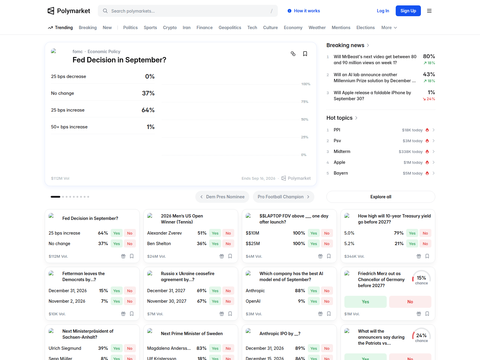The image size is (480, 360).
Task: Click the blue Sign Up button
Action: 408,11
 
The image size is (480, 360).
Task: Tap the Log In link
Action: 383,11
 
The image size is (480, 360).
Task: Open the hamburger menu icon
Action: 429,11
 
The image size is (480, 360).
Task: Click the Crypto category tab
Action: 170,28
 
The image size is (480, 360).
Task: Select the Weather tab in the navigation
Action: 317,28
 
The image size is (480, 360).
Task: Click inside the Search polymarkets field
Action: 187,11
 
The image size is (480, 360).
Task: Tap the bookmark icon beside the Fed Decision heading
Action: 305,54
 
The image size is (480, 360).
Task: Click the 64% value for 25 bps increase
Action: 148,110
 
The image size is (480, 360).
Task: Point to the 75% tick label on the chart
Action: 304,102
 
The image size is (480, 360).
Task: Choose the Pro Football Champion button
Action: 283,197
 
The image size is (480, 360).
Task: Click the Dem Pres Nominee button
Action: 222,197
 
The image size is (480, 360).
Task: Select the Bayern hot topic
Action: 341,173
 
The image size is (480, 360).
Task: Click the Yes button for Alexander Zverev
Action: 215,233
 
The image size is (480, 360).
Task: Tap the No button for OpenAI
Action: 327,301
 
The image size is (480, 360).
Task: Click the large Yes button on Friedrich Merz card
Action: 365,301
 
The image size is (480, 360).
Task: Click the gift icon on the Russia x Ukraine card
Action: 221,314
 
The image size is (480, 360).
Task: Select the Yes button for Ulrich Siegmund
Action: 117,348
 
